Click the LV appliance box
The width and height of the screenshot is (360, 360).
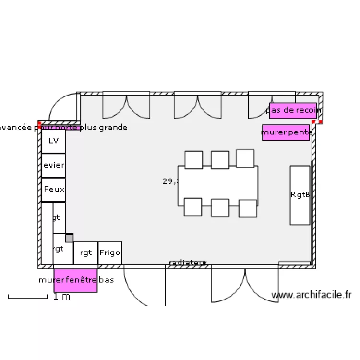point(53,141)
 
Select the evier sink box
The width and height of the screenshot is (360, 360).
point(53,165)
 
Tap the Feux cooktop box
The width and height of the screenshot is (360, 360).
point(53,190)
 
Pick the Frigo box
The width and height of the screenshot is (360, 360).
point(110,252)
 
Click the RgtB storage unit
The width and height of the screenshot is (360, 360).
point(300,195)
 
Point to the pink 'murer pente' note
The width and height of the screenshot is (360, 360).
point(286,132)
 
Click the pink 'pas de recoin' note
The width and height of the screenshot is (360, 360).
point(293,110)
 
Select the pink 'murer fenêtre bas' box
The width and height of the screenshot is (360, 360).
point(75,280)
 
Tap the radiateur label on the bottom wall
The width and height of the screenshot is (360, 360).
point(188,263)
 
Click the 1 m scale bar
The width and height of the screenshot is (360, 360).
point(28,298)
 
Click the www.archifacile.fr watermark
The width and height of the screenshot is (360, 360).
point(312,296)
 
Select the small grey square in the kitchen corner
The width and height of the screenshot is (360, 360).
point(69,238)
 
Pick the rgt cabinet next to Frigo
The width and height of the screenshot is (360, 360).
point(85,253)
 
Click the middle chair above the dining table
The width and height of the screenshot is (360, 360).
point(220,160)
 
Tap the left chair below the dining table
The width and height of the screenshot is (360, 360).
point(193,207)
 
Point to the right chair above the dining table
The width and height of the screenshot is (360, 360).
point(245,158)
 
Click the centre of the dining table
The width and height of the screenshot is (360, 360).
point(218,185)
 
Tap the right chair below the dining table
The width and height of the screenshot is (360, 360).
point(248,208)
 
